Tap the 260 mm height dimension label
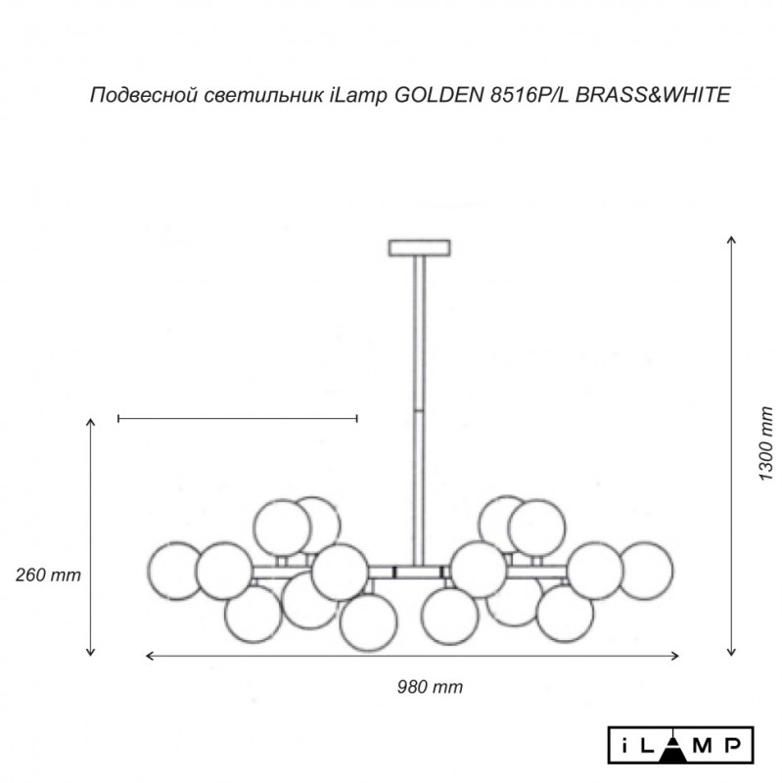tap(48, 576)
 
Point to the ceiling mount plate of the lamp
tap(421, 248)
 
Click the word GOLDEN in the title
tap(437, 95)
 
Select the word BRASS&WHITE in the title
tap(650, 95)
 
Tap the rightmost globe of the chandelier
tap(648, 568)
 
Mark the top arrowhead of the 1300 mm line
tap(730, 240)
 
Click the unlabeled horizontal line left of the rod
tap(237, 419)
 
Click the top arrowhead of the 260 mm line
tap(91, 421)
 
